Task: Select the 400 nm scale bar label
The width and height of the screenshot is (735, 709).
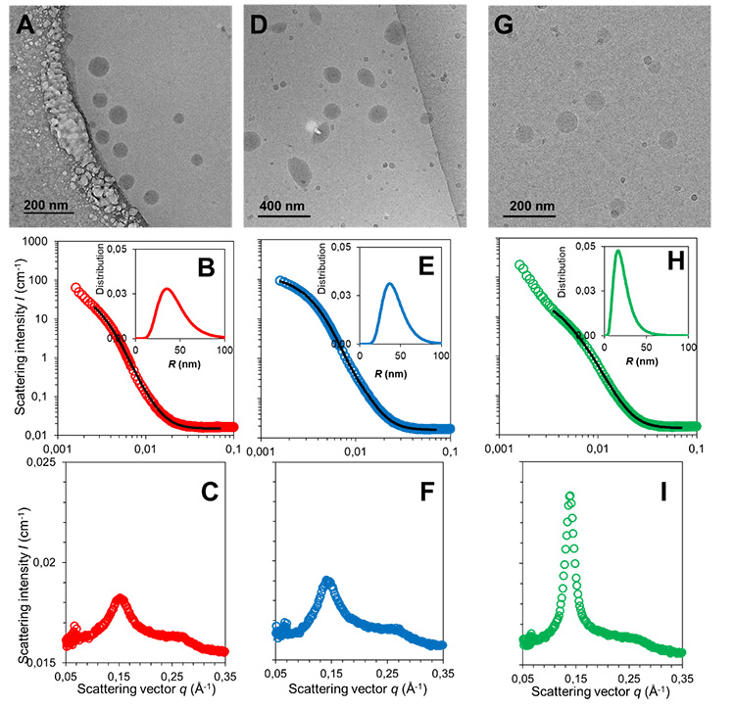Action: tap(284, 208)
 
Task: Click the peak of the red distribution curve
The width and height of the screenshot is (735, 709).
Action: tap(168, 289)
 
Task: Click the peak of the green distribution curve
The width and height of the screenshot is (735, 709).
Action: tap(618, 251)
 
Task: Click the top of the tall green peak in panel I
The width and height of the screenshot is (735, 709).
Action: tap(569, 496)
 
